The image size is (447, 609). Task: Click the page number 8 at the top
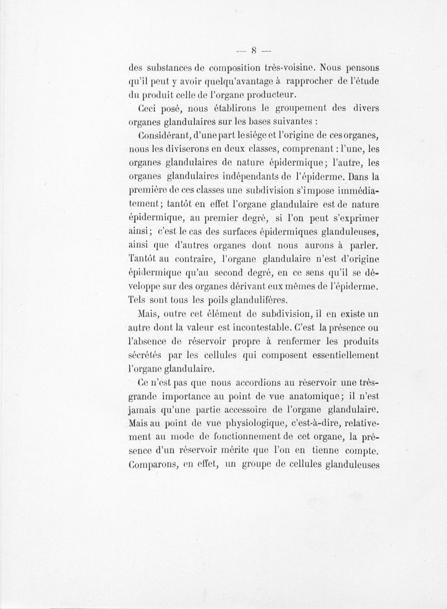click(x=254, y=47)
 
